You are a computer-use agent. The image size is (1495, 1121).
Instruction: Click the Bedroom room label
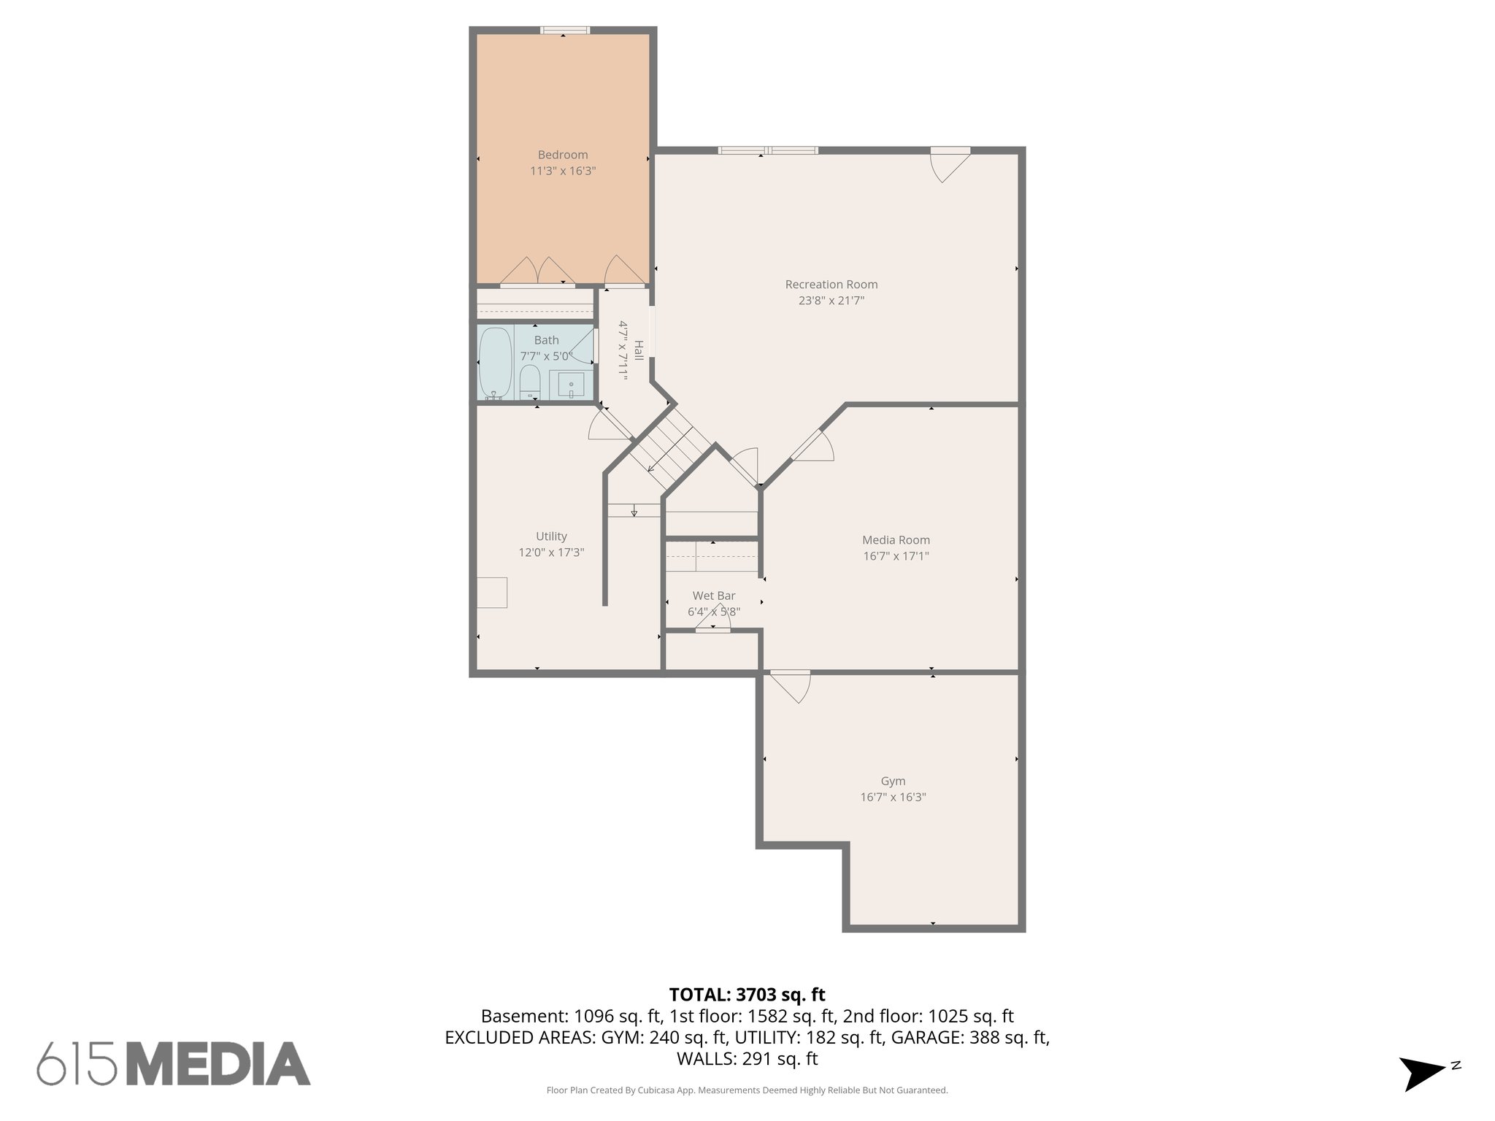coord(562,155)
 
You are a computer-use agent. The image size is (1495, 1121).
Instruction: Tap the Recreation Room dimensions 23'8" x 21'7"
coord(831,300)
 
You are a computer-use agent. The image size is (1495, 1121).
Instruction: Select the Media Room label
coord(896,540)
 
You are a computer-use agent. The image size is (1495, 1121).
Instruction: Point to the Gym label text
coord(893,781)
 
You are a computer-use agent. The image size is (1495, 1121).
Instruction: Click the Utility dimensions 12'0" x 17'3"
coord(551,552)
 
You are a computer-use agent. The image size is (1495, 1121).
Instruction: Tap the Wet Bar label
coord(713,596)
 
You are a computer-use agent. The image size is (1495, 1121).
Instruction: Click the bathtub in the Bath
coord(495,363)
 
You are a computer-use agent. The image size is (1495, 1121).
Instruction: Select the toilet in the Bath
coord(529,382)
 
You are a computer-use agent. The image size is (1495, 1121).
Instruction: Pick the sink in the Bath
coord(571,383)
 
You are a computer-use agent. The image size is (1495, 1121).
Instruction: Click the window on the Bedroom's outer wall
coord(564,31)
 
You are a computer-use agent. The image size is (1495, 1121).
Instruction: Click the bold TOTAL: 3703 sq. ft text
coord(747,995)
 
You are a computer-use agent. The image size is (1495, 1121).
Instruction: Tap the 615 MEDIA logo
coord(174,1063)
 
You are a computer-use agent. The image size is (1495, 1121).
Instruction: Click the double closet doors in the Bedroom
coord(538,271)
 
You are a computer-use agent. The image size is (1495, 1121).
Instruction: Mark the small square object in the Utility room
coord(492,592)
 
